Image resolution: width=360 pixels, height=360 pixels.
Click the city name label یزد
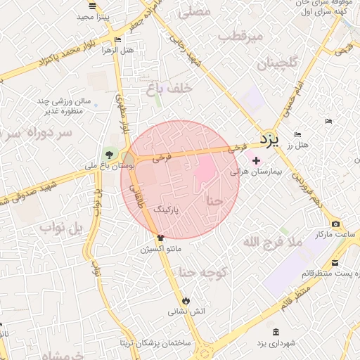point(269,139)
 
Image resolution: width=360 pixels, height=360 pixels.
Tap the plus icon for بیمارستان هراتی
point(255,161)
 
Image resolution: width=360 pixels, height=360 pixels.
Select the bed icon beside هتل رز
point(297,134)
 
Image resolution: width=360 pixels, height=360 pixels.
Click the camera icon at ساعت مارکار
point(335,224)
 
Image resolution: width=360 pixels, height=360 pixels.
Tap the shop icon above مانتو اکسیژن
point(160,239)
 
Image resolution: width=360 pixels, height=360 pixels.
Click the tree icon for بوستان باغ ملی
point(109,155)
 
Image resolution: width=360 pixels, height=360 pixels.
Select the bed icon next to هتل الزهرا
point(117,40)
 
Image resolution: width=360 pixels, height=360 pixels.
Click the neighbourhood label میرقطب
point(240,35)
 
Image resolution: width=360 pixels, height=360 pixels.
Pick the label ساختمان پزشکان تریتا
point(155,343)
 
